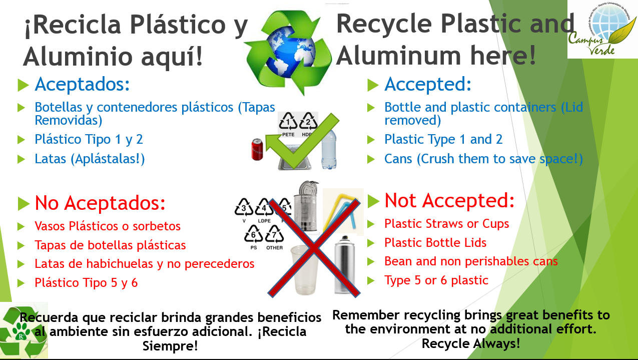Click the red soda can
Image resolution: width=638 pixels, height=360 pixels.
click(x=257, y=149)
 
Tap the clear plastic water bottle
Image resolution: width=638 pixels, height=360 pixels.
click(x=329, y=149)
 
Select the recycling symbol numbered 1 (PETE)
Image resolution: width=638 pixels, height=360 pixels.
click(x=288, y=125)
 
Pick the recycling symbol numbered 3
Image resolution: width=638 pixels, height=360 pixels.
click(x=244, y=211)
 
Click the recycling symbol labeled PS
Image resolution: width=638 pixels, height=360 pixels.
click(x=254, y=237)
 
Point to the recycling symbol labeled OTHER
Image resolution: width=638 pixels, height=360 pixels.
click(x=274, y=237)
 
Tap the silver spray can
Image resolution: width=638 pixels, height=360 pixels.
click(x=345, y=264)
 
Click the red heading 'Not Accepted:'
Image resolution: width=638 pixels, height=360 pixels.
click(x=449, y=200)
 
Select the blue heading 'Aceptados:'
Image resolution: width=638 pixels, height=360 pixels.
click(x=82, y=84)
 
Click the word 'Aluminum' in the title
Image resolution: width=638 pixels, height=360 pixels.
click(x=398, y=55)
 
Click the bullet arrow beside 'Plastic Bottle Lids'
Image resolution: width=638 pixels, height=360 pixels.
click(x=371, y=243)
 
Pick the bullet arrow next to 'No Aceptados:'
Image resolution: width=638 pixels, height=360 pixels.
click(x=24, y=203)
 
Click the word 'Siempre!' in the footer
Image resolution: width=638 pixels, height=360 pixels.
click(x=170, y=346)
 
